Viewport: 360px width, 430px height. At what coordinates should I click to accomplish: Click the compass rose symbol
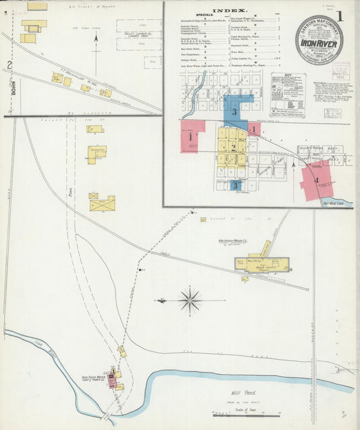pyautogui.click(x=190, y=300)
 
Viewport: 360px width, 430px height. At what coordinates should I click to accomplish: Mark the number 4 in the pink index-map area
pyautogui.click(x=316, y=180)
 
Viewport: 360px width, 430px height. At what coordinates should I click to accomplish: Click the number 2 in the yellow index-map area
pyautogui.click(x=233, y=147)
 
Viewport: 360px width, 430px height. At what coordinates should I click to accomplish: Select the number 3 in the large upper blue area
pyautogui.click(x=234, y=112)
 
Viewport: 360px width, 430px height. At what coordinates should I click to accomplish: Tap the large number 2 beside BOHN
pyautogui.click(x=9, y=66)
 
